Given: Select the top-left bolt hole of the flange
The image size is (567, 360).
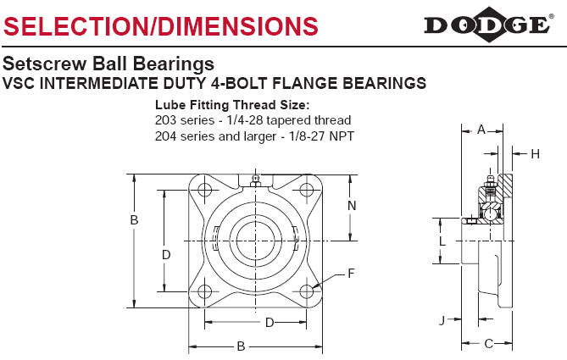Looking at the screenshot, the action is (x=204, y=190).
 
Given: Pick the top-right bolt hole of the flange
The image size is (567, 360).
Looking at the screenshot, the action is (x=307, y=190).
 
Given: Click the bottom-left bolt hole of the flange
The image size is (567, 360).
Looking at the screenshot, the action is (x=204, y=291).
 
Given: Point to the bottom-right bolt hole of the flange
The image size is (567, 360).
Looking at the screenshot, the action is (x=307, y=291).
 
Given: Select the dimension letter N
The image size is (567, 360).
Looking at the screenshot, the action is (x=352, y=206).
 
